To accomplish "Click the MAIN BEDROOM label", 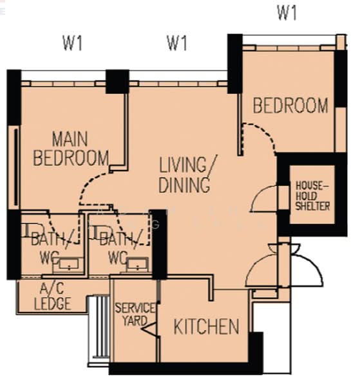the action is point(71,149).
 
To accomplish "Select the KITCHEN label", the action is point(206,326).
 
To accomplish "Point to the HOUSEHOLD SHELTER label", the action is point(312,196).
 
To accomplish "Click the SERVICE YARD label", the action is point(135,315).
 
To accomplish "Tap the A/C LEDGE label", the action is point(52,297).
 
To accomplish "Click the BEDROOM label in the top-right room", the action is point(290,106).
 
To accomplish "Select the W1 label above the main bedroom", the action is point(72,43).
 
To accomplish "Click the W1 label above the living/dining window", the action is point(177,43).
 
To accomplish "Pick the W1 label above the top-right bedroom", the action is point(287,13).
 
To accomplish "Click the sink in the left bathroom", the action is point(68,264).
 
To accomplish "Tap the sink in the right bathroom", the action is point(137,264).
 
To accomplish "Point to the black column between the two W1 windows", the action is point(118,82).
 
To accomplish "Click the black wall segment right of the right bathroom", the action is point(159,244).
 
